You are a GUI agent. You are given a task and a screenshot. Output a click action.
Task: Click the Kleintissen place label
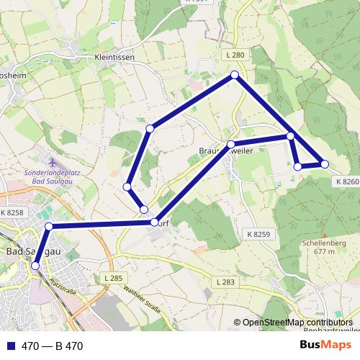point(114,57)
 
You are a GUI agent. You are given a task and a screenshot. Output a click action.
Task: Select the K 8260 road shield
point(346,182)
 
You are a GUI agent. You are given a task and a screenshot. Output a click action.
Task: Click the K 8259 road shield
point(258,234)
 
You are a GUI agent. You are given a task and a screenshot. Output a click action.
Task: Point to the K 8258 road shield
point(12,212)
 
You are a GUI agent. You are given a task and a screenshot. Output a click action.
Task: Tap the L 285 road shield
point(113,278)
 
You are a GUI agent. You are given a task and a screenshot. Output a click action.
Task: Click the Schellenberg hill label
point(320,243)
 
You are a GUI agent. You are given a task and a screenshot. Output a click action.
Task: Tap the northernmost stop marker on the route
point(235,75)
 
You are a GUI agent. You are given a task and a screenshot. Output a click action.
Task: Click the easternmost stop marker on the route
point(325,164)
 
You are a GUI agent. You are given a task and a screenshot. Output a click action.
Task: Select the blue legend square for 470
point(11,346)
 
